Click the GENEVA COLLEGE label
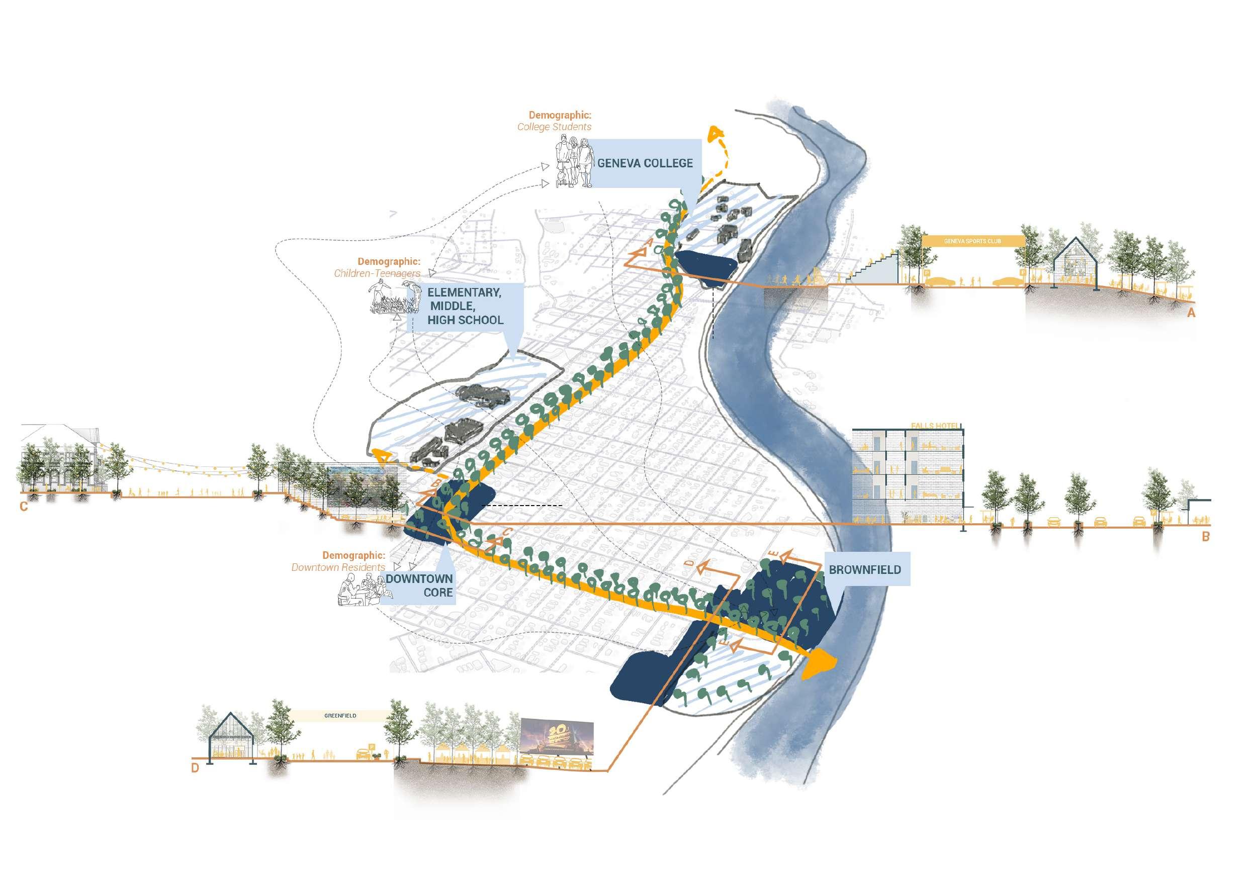(x=645, y=163)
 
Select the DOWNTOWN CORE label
(x=419, y=585)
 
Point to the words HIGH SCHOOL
(x=465, y=320)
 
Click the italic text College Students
(x=554, y=127)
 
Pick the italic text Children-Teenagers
(x=377, y=273)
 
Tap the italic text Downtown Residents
(x=338, y=567)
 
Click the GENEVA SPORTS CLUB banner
(x=972, y=241)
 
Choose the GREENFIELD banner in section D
(x=340, y=716)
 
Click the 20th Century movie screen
(x=557, y=739)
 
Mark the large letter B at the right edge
(x=1206, y=537)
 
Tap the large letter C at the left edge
(x=24, y=507)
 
